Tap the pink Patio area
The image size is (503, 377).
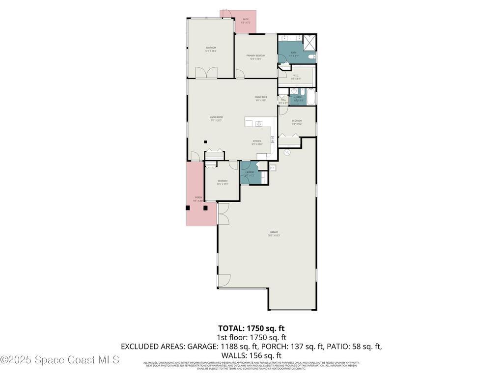[x=246, y=22]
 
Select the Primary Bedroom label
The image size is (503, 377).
[x=256, y=57]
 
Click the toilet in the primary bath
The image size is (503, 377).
[x=311, y=57]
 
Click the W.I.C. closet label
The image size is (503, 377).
[x=295, y=77]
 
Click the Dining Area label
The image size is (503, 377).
[x=261, y=98]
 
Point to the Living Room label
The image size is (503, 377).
[x=217, y=118]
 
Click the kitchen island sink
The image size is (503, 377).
[x=259, y=124]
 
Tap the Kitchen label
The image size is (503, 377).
[x=257, y=142]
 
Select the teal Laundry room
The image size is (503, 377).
[x=250, y=174]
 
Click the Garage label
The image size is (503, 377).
[x=274, y=233]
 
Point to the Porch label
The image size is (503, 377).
[x=198, y=198]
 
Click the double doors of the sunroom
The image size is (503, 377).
[x=206, y=73]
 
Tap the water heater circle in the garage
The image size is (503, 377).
[x=287, y=153]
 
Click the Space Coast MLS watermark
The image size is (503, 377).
[x=60, y=360]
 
